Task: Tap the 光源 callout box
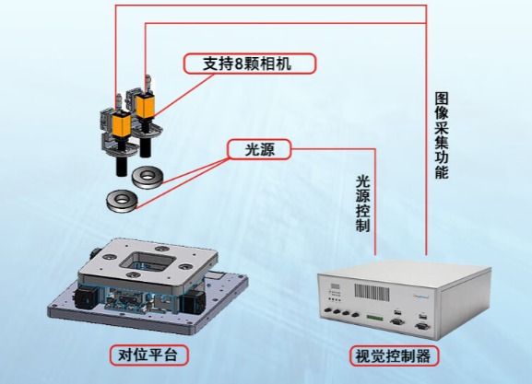(x=260, y=149)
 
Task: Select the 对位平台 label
(x=148, y=355)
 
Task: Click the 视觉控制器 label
(x=395, y=355)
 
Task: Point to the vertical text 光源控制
(x=362, y=204)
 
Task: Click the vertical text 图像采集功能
(x=442, y=135)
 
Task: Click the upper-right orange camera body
(x=145, y=106)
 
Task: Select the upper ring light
(x=148, y=177)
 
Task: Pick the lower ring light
(x=122, y=201)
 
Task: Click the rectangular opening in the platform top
(x=148, y=262)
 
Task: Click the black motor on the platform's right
(x=194, y=301)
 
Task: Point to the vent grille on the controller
(x=372, y=292)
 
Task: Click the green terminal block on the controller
(x=375, y=318)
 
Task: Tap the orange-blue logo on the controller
(x=421, y=297)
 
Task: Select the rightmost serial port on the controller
(x=422, y=326)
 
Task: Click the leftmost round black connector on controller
(x=328, y=310)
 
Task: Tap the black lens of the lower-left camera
(x=122, y=163)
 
